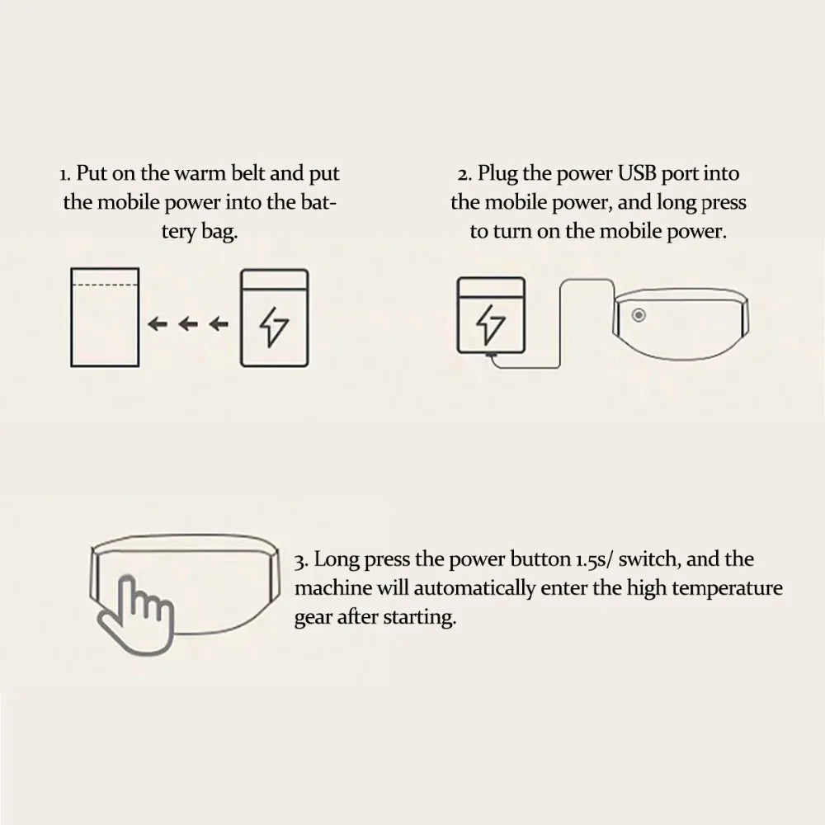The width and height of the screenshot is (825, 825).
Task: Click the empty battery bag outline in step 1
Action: [x=70, y=318]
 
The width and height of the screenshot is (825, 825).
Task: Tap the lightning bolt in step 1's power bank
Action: [x=274, y=327]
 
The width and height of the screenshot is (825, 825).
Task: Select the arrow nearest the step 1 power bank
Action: [x=219, y=323]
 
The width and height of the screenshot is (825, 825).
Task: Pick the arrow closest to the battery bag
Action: [x=158, y=323]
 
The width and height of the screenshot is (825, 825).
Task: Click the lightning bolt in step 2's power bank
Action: [x=490, y=323]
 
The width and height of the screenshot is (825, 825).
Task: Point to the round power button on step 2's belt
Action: [x=639, y=315]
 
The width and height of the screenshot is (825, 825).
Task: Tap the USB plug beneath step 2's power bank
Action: [x=492, y=356]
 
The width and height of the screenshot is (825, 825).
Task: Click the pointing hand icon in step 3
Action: [x=136, y=615]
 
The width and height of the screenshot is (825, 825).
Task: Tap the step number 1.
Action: [x=65, y=174]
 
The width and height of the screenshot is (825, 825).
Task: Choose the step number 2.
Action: [x=464, y=174]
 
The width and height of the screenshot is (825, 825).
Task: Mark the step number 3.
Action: [x=301, y=561]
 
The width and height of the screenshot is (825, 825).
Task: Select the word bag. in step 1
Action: [x=219, y=232]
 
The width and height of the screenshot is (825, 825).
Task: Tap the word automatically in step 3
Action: [x=474, y=589]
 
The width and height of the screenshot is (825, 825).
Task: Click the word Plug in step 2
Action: [x=497, y=174]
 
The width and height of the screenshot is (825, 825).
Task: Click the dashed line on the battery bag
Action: [x=105, y=285]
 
